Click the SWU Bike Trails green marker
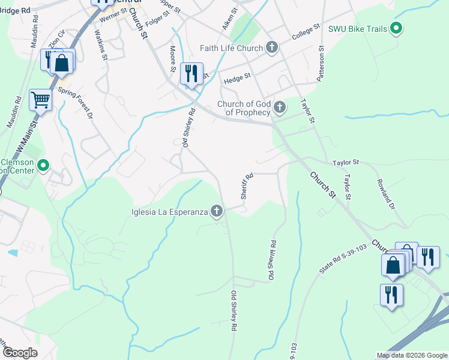click(396, 28)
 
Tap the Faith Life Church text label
click(234, 48)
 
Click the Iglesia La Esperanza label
click(170, 211)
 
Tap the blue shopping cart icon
click(40, 100)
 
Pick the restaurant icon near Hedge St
click(191, 74)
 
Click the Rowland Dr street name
click(385, 194)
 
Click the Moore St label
click(173, 57)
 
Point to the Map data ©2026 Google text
click(412, 356)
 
